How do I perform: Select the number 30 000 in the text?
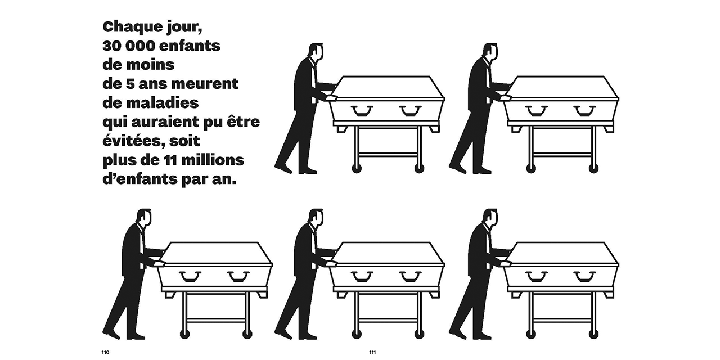129,46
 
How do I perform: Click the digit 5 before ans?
129,84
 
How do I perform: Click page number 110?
105,352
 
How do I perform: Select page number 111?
372,352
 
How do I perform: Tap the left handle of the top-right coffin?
537,111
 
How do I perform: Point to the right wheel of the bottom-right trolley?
593,334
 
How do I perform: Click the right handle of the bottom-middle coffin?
411,276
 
